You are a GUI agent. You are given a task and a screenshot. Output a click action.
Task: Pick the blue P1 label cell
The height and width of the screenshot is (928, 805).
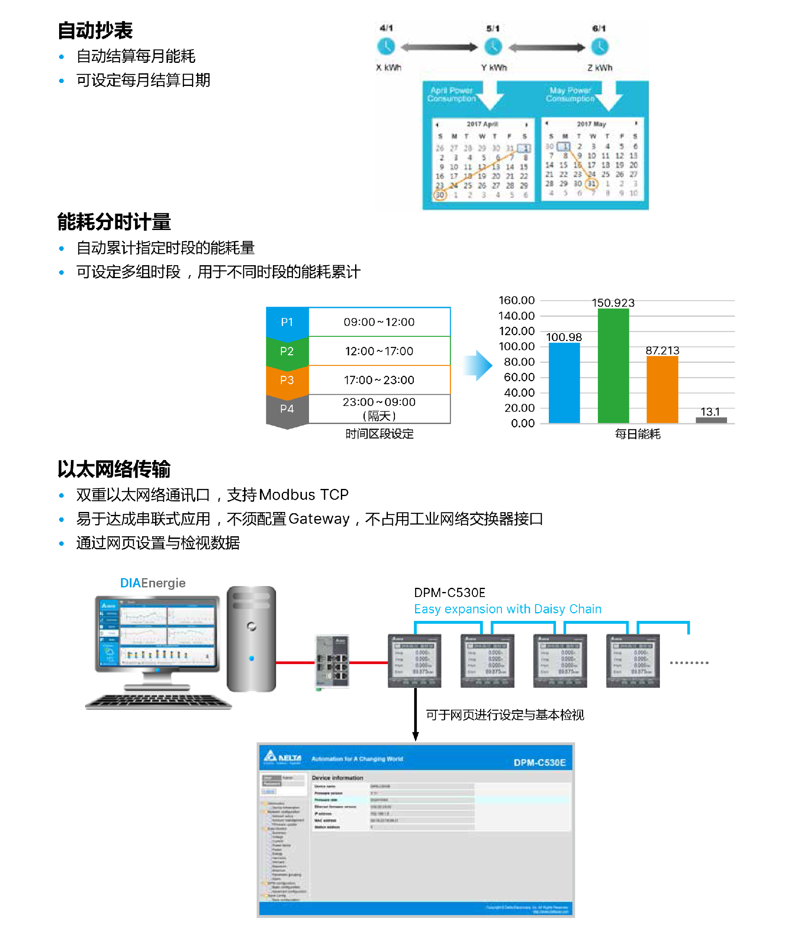coord(287,322)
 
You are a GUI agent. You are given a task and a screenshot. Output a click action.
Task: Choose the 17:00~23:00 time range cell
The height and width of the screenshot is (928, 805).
coord(379,380)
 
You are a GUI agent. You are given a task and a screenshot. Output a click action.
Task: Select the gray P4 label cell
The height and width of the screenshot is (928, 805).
coord(287,409)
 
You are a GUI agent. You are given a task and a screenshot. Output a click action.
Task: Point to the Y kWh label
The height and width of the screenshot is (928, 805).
coord(494,68)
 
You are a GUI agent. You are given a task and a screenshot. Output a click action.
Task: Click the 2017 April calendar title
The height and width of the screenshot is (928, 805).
coord(482,124)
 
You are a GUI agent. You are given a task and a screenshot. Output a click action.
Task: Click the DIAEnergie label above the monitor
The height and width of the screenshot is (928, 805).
coord(153,583)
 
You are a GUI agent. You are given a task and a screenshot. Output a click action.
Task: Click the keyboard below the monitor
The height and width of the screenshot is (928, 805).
coord(158,701)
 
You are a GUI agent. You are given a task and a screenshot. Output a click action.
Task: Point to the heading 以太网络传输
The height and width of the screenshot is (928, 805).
coord(114,469)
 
